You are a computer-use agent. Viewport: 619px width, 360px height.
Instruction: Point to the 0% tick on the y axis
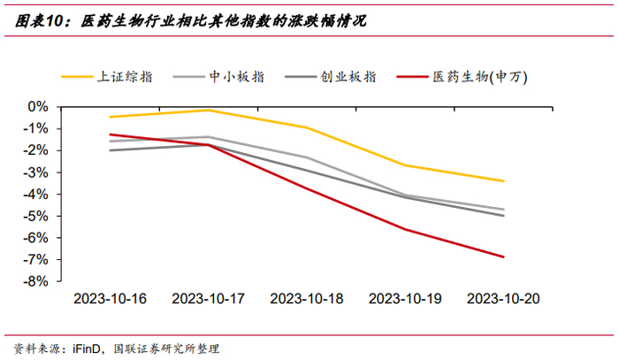coord(38,106)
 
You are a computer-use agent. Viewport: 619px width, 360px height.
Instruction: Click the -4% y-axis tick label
coord(35,195)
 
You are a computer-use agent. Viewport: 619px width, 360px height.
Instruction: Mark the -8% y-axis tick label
coord(35,281)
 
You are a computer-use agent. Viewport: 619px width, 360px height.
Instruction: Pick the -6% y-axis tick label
coord(35,238)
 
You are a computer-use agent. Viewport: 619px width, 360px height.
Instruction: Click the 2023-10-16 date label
coord(111,299)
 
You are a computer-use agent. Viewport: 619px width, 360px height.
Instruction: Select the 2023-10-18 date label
coord(307,299)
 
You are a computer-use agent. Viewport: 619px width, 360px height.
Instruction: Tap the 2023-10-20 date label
coord(503,299)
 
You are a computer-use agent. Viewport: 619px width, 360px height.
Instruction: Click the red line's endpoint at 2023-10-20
coord(504,257)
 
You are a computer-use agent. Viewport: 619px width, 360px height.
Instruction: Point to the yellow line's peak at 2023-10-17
coord(209,111)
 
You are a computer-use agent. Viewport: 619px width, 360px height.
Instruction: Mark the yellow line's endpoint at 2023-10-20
coord(504,181)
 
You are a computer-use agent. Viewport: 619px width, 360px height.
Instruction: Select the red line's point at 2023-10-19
coord(405,229)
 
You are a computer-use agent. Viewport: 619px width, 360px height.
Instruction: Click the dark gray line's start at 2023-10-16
coord(111,150)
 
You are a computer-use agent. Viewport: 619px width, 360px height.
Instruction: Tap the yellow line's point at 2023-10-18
coord(307,127)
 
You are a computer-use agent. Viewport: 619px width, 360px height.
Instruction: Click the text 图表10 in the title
coord(39,21)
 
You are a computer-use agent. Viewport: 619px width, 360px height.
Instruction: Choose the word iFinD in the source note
coord(87,349)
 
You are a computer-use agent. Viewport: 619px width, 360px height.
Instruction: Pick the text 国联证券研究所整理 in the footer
coord(166,349)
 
